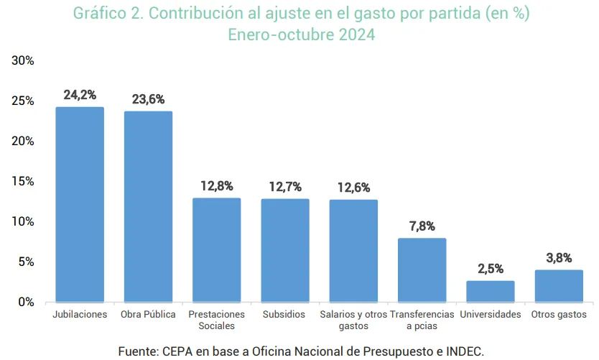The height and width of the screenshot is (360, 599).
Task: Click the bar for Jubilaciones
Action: [80, 204]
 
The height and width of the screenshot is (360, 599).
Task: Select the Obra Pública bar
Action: [148, 206]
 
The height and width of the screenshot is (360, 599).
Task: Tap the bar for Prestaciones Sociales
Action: [216, 249]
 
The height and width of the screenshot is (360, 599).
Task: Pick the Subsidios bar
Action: [285, 250]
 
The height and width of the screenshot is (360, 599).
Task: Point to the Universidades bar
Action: [491, 291]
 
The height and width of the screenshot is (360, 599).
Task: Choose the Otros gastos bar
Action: [559, 286]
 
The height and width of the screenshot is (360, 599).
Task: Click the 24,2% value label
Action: [80, 95]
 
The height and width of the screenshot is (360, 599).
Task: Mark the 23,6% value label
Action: [148, 99]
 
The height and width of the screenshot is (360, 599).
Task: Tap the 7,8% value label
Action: [422, 226]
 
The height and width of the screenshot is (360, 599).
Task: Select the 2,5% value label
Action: [491, 269]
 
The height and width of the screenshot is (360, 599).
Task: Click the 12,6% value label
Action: [353, 188]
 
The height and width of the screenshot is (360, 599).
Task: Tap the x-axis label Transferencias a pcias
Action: [422, 320]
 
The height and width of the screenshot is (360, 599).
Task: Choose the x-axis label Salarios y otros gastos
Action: [353, 320]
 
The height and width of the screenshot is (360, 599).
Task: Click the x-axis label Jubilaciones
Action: [80, 315]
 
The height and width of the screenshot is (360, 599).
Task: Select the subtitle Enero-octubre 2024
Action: [301, 34]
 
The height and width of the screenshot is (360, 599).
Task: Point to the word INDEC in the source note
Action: [463, 351]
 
